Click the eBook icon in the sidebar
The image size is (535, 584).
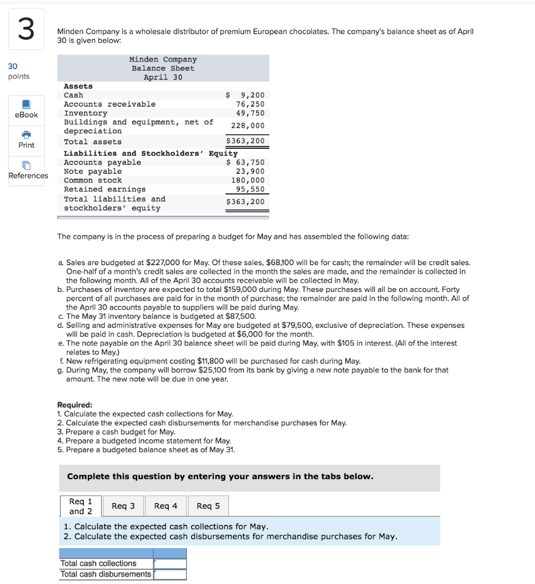(x=26, y=105)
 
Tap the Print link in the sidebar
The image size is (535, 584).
(x=26, y=145)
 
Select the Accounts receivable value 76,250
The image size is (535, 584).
(x=250, y=104)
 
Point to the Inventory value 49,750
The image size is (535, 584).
(x=250, y=113)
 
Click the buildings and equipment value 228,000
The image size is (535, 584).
(x=248, y=125)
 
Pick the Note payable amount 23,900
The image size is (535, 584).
(x=250, y=171)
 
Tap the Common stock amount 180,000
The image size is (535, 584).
(x=248, y=180)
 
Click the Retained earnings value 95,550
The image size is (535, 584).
(x=250, y=189)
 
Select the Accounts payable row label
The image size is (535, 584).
(x=102, y=163)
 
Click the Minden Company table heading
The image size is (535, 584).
(x=163, y=59)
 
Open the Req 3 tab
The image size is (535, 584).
(x=124, y=506)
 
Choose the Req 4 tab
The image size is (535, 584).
(x=166, y=506)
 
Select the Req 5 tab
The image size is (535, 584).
(x=208, y=506)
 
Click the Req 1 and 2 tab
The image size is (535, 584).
(x=80, y=506)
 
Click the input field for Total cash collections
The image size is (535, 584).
(x=170, y=563)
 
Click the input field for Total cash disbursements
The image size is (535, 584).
(x=170, y=574)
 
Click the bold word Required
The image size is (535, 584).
(x=75, y=404)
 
